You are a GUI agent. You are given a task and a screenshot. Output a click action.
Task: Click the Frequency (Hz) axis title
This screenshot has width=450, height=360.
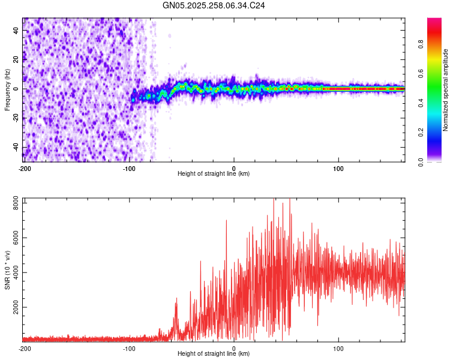click(x=7, y=90)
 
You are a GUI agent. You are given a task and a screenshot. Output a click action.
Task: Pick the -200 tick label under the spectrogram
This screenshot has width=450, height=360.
click(x=25, y=168)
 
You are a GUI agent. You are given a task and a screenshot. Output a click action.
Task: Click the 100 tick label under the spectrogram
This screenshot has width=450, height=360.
click(x=338, y=168)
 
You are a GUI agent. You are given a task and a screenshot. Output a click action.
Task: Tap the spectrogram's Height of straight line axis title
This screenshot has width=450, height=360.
click(x=214, y=174)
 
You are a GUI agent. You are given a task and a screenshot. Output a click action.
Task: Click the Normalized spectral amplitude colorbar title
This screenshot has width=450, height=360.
click(x=446, y=90)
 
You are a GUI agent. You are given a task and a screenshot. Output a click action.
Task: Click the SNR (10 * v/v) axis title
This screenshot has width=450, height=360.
click(x=7, y=270)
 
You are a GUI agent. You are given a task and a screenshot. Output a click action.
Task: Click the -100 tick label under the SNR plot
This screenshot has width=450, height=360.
click(x=130, y=348)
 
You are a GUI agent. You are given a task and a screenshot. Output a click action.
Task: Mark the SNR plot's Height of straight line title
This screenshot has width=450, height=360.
click(x=214, y=354)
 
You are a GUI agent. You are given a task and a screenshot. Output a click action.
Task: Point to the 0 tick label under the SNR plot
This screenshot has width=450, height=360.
click(x=234, y=348)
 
